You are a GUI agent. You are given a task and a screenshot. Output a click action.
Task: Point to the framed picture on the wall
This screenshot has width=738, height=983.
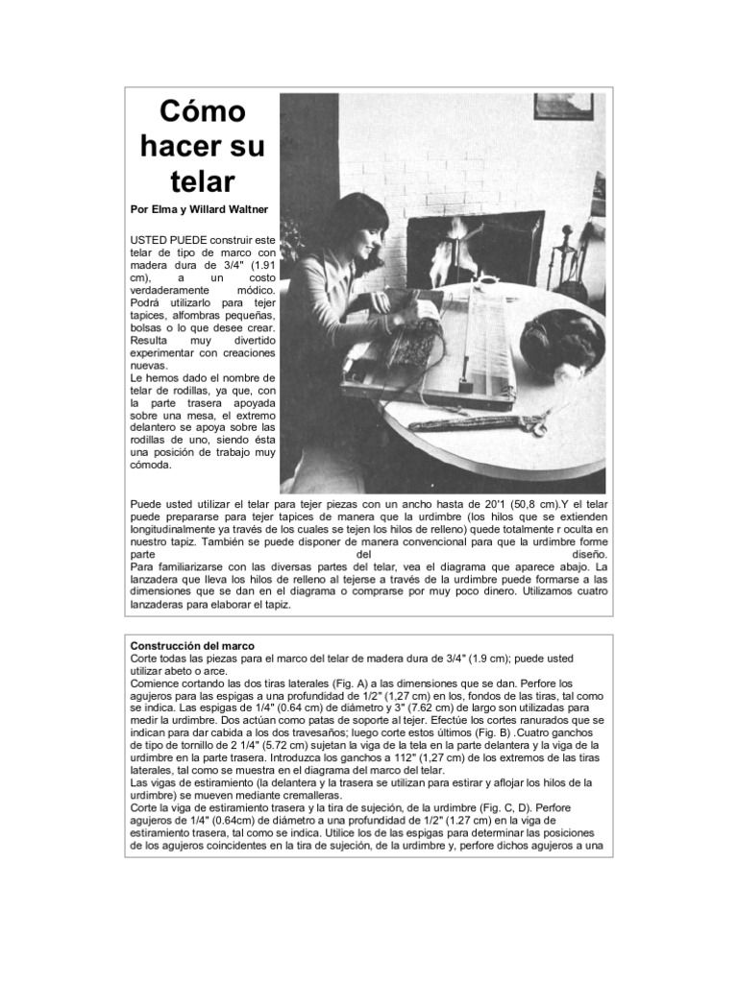(x=563, y=106)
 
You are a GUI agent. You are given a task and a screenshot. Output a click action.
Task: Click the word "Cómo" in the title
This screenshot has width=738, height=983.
(x=202, y=112)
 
